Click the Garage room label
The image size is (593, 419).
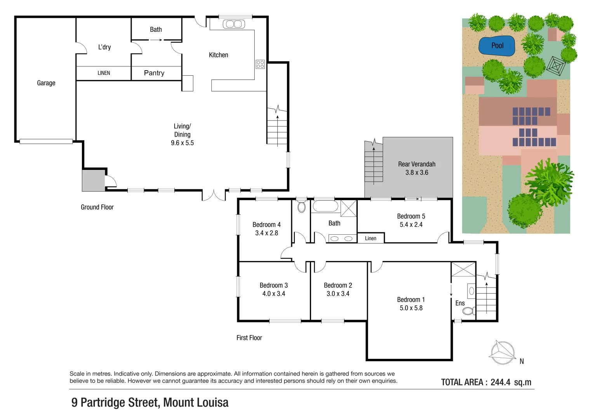(x=46, y=83)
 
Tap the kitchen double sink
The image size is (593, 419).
(x=234, y=24)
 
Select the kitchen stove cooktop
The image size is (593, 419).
(x=260, y=64)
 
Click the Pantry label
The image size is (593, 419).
(x=154, y=73)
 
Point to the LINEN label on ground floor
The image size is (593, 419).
(x=104, y=73)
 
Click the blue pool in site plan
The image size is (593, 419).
(x=497, y=46)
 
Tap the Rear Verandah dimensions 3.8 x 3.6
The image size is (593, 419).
(x=417, y=173)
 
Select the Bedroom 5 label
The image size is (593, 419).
(x=411, y=216)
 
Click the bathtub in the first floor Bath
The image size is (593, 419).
(x=325, y=206)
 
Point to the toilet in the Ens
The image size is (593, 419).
(x=469, y=311)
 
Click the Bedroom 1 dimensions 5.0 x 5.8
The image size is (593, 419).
(x=411, y=308)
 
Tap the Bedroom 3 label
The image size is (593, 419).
(x=273, y=285)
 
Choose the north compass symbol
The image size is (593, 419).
(x=503, y=352)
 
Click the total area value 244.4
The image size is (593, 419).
(x=500, y=382)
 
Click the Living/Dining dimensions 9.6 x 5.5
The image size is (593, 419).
(x=182, y=143)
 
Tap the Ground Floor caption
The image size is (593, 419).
(x=97, y=207)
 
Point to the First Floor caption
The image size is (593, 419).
(x=249, y=338)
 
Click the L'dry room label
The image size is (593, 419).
(x=104, y=47)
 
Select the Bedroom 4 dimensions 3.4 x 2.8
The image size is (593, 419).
(x=266, y=233)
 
